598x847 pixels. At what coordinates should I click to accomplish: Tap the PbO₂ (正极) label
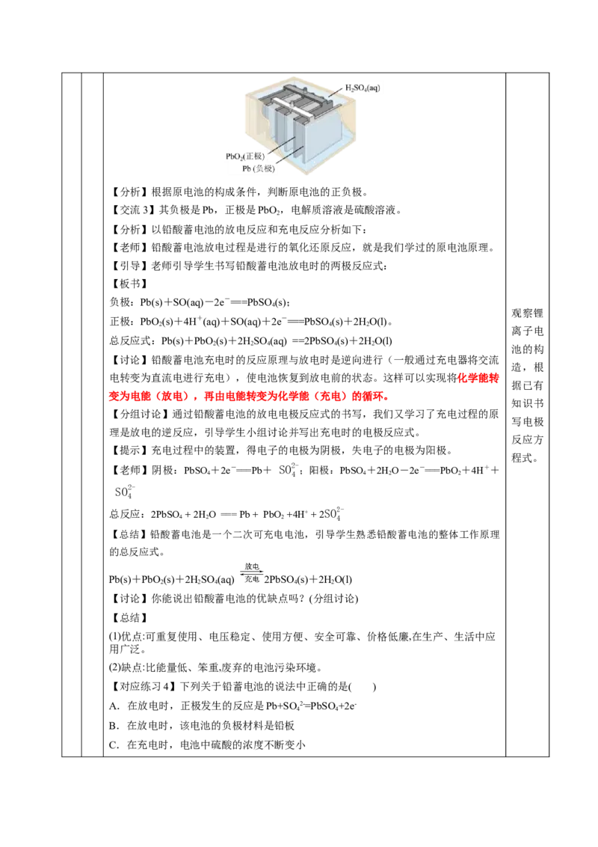pyautogui.click(x=250, y=156)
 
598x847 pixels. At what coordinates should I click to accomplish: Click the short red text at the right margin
pyautogui.click(x=479, y=380)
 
